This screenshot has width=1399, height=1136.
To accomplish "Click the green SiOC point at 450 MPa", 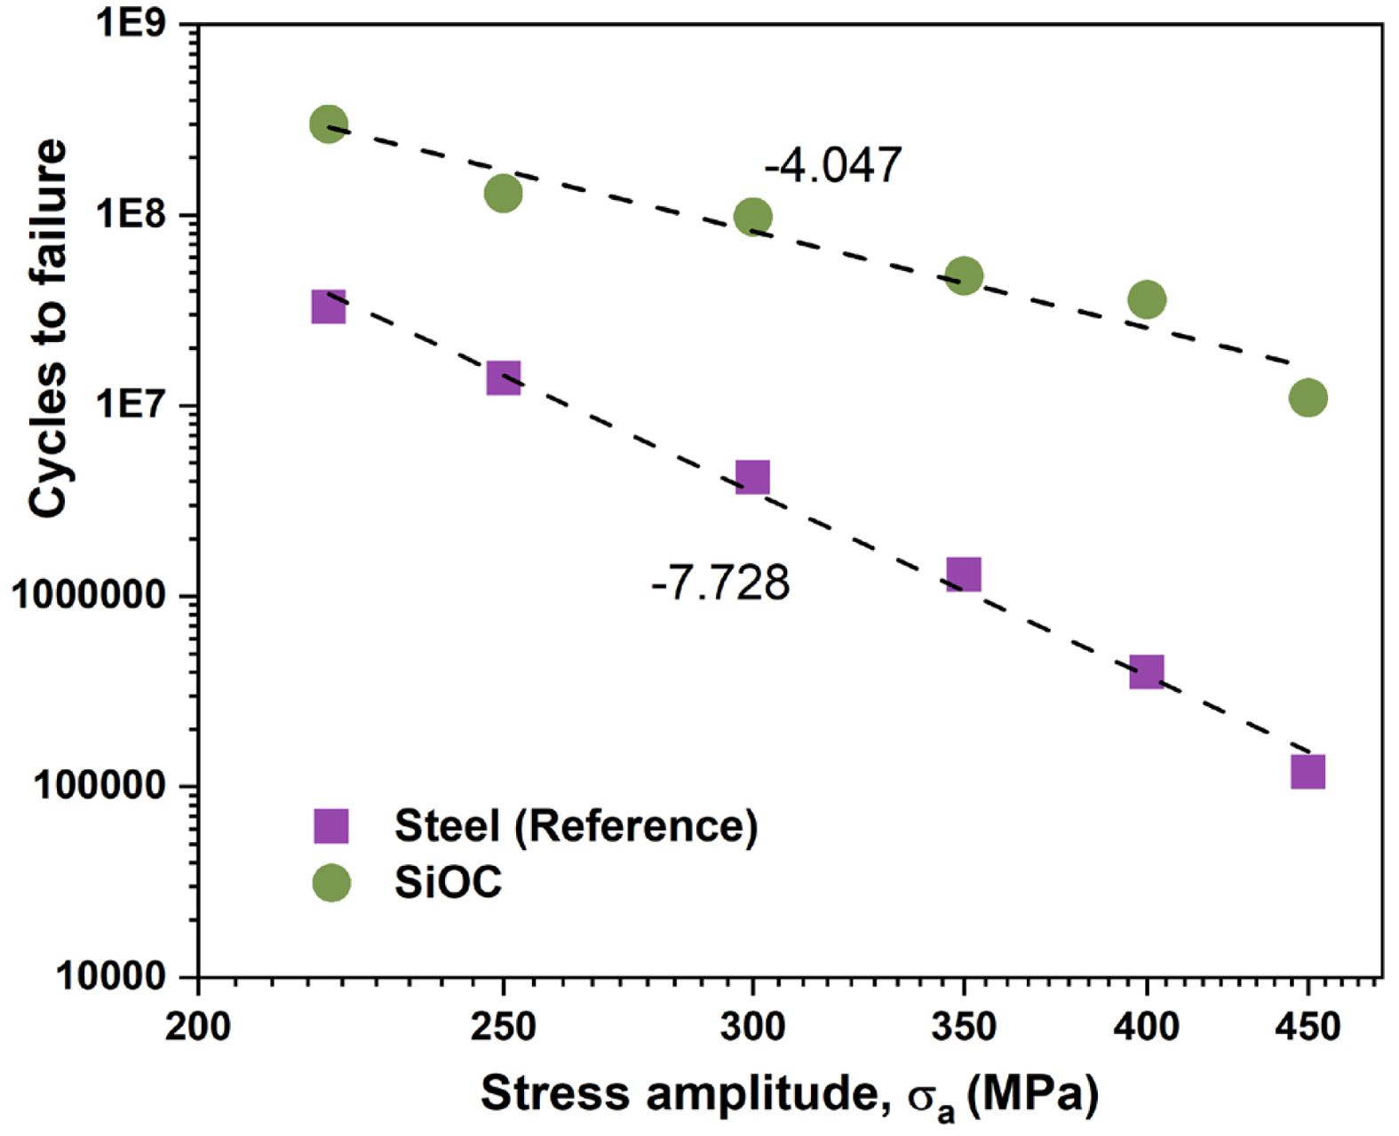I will (x=1308, y=398).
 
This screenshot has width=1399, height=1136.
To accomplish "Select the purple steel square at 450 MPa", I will (x=1308, y=771).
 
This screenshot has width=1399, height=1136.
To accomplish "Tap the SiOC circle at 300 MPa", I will (x=752, y=217).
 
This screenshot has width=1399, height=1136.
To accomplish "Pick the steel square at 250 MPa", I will (x=504, y=378).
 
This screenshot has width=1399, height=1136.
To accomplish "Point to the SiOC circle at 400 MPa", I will (x=1147, y=300).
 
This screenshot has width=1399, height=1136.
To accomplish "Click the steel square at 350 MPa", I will (x=964, y=575).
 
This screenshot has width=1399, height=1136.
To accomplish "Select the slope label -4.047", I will (x=832, y=165).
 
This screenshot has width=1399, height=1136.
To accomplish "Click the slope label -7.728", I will (x=720, y=584).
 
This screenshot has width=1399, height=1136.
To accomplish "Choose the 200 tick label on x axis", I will (x=198, y=1027).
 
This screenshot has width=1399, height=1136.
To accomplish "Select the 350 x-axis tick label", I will (x=964, y=1027).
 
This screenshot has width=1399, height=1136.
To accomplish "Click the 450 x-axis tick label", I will (x=1308, y=1027).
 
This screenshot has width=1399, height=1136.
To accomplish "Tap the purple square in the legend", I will (x=331, y=826).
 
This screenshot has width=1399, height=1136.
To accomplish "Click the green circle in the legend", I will (x=331, y=883).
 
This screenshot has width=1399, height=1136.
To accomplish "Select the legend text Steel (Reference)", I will (x=576, y=826).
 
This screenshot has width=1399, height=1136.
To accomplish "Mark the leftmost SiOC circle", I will (x=329, y=124).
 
